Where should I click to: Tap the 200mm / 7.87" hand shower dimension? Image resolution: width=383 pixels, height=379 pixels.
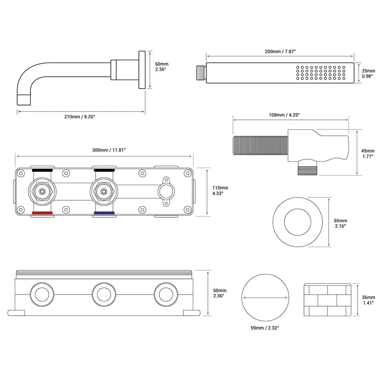[x=280, y=51]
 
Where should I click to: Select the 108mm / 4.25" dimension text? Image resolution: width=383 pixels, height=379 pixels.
[x=284, y=115]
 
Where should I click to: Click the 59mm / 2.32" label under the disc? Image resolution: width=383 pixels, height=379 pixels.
[x=265, y=328]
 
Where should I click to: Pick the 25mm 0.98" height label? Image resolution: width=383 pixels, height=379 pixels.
[x=368, y=74]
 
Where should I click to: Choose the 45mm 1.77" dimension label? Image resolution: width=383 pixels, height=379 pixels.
[x=368, y=154]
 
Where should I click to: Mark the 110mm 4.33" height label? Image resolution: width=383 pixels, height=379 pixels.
[x=221, y=190]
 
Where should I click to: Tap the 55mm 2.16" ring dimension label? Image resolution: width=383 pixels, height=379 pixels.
[x=340, y=223]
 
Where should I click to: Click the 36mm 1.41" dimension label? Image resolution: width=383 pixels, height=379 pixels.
[x=368, y=300]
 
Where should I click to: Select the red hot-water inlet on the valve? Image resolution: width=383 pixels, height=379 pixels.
[x=42, y=213]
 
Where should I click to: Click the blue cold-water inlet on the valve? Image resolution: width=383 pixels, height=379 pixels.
[x=104, y=213]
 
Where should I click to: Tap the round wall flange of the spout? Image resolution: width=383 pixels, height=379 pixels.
[x=142, y=70]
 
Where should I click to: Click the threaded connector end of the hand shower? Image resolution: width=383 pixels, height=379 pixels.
[x=201, y=73]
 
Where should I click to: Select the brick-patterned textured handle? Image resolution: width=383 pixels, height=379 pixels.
[x=328, y=300]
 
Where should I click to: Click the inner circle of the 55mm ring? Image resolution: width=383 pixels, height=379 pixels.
[x=297, y=222]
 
